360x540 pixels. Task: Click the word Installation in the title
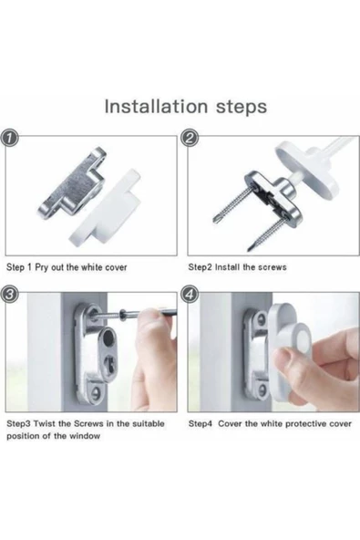tap(156, 106)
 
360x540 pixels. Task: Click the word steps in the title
tap(242, 108)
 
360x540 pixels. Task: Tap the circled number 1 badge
tap(10, 139)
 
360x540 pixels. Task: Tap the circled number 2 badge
tap(190, 139)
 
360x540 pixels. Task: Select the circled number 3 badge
tap(10, 294)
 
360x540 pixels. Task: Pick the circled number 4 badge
tap(190, 294)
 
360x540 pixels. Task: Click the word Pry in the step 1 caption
tap(42, 267)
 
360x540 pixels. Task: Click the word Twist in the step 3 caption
tap(45, 423)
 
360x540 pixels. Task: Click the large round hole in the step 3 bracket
tap(109, 337)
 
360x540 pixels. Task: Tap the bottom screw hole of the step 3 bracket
tap(97, 392)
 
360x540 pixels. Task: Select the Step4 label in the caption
tap(201, 424)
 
